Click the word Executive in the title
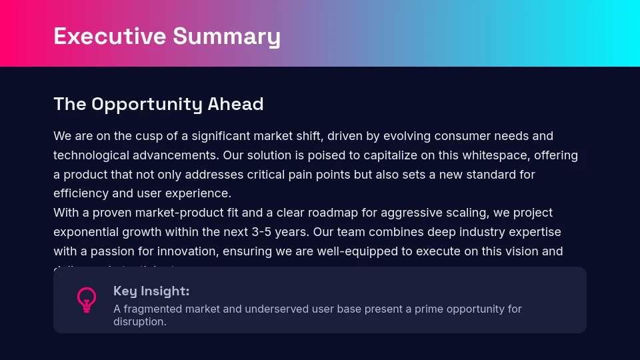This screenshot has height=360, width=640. pos(110,36)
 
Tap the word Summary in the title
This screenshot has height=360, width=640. pos(226,36)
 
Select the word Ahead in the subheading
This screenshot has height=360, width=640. pos(235,104)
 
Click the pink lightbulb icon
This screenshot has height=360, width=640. pos(86,300)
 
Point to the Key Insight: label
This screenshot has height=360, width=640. pos(151,291)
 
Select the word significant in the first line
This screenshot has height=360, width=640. pos(224,136)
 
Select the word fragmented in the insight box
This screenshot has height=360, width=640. pos(152,309)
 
